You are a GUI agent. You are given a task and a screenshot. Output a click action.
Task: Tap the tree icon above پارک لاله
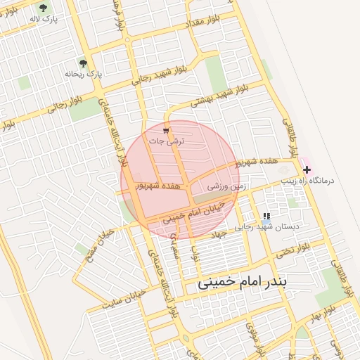point(43,8)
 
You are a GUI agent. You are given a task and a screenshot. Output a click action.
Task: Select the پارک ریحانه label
point(84,74)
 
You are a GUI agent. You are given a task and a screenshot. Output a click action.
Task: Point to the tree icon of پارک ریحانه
point(84,63)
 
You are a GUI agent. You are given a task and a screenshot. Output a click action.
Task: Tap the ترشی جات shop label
point(167,141)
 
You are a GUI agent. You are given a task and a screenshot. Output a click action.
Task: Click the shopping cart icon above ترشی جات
point(166,131)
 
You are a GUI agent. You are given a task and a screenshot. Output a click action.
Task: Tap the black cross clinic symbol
point(307,169)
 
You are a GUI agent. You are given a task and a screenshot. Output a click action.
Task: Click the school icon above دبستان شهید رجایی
point(266,217)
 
